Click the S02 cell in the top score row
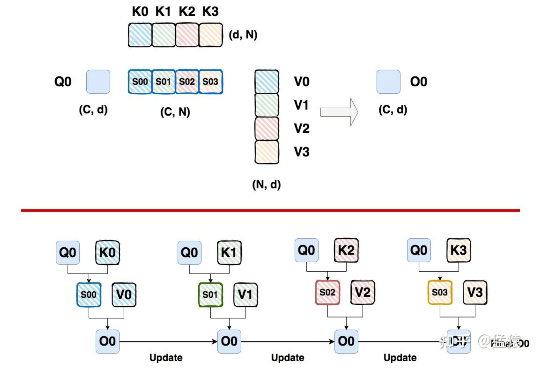187,82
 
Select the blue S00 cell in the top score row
140,82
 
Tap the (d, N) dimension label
243,35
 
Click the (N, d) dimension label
266,184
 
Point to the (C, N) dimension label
175,112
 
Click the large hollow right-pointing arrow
339,112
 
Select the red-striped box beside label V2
267,128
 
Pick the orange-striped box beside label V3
267,152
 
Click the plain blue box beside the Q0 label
98,82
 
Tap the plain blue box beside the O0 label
388,82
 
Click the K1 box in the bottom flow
229,253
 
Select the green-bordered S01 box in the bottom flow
210,295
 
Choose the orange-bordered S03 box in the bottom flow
440,292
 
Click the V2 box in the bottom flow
362,292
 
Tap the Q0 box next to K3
419,250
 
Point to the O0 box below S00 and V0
108,341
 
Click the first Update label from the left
166,358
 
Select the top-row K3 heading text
210,11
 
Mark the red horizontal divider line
270,210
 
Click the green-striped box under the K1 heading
163,35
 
